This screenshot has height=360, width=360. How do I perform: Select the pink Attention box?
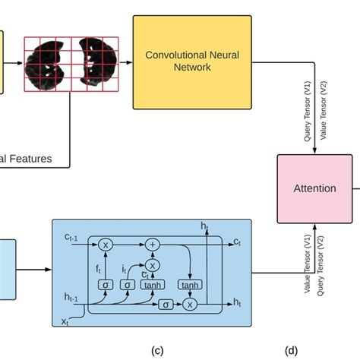(314, 188)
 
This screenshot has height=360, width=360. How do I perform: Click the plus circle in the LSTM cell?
(153, 245)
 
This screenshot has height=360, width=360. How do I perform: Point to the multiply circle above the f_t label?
(106, 245)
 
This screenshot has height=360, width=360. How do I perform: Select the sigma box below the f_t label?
(106, 283)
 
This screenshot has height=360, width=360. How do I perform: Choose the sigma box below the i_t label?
(128, 283)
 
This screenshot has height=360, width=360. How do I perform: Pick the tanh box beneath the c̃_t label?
(153, 283)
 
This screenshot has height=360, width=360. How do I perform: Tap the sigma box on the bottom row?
(166, 304)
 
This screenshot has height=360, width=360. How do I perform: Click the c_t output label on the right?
(238, 242)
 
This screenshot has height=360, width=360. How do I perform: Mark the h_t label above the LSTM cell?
(204, 226)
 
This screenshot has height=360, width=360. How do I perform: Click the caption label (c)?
(157, 350)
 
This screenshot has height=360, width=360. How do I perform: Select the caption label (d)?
(291, 350)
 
